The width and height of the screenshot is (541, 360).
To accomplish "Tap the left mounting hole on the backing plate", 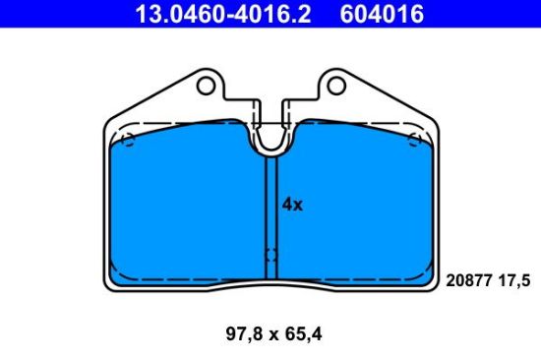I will (206, 86).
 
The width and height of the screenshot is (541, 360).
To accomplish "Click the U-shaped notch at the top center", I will (270, 138).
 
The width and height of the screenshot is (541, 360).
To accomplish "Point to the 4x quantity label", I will (291, 205).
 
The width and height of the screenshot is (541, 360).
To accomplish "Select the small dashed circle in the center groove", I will (270, 255).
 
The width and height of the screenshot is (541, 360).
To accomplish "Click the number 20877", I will (468, 280).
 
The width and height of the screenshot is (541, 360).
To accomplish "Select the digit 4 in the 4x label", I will (286, 205).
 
